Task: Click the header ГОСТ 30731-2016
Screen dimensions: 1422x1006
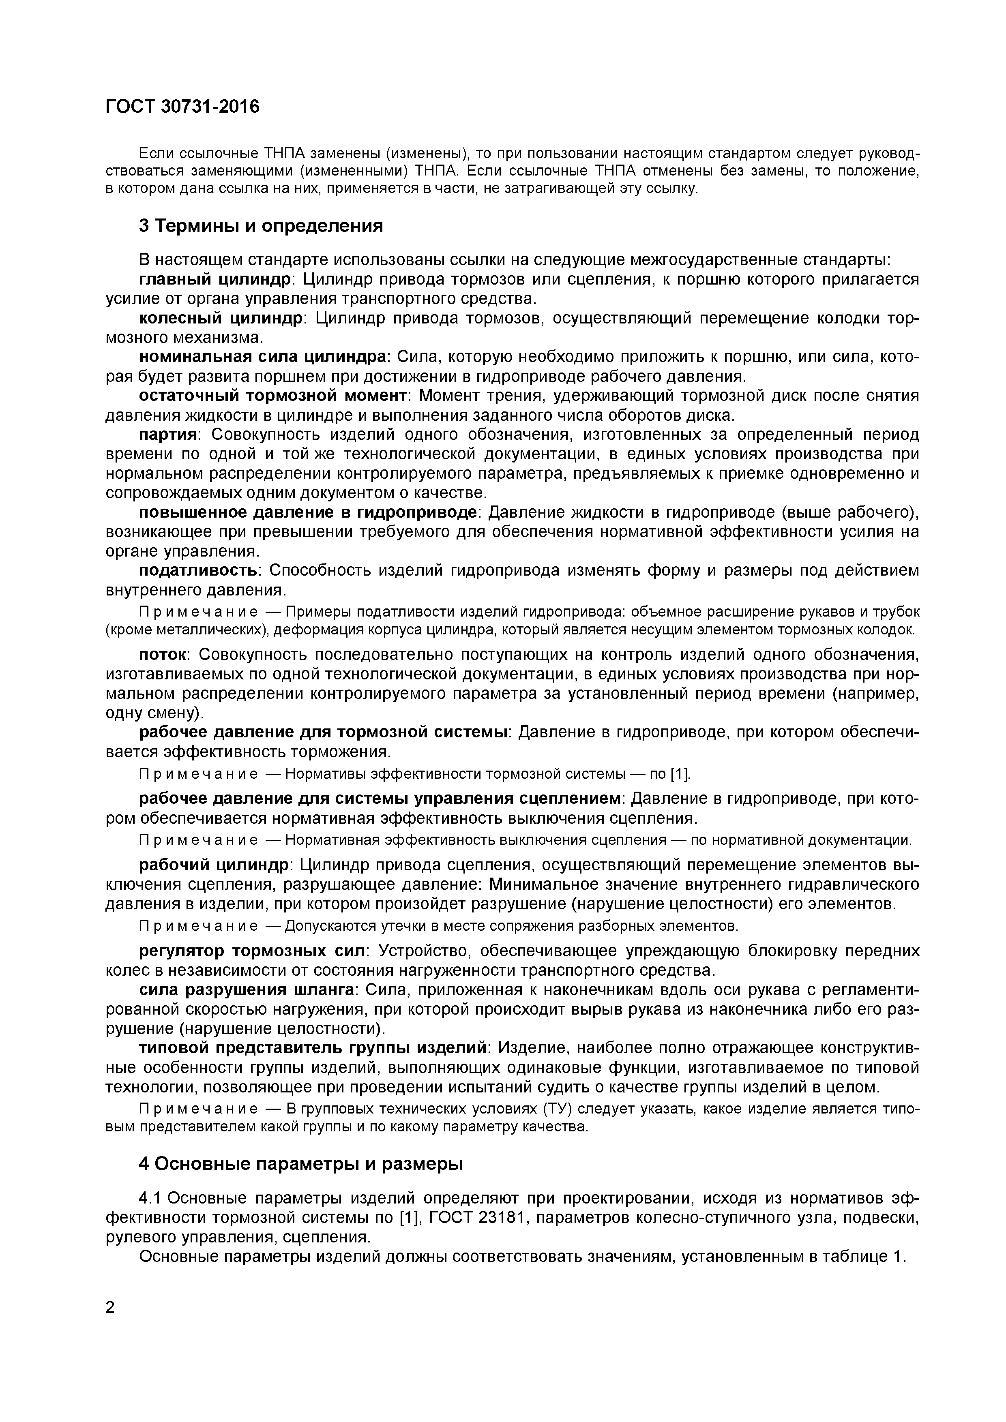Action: point(183,107)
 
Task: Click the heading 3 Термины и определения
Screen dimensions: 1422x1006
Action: point(261,226)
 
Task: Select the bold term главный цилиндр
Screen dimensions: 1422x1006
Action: point(214,280)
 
